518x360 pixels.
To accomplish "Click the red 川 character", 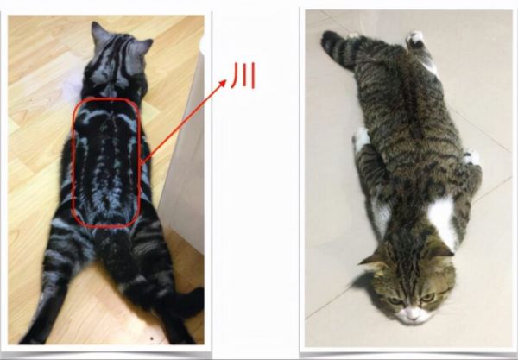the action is [243, 76].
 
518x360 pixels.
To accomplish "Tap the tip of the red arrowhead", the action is [226, 80].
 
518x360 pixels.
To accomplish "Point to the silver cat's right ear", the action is [144, 47].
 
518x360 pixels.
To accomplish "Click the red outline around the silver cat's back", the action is [73, 161].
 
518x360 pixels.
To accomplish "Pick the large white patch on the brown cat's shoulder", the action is [442, 218].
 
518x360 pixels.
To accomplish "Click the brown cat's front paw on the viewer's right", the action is [471, 157].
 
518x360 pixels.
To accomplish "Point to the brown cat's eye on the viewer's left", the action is [395, 300].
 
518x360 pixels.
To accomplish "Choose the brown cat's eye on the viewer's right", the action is [427, 298].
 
